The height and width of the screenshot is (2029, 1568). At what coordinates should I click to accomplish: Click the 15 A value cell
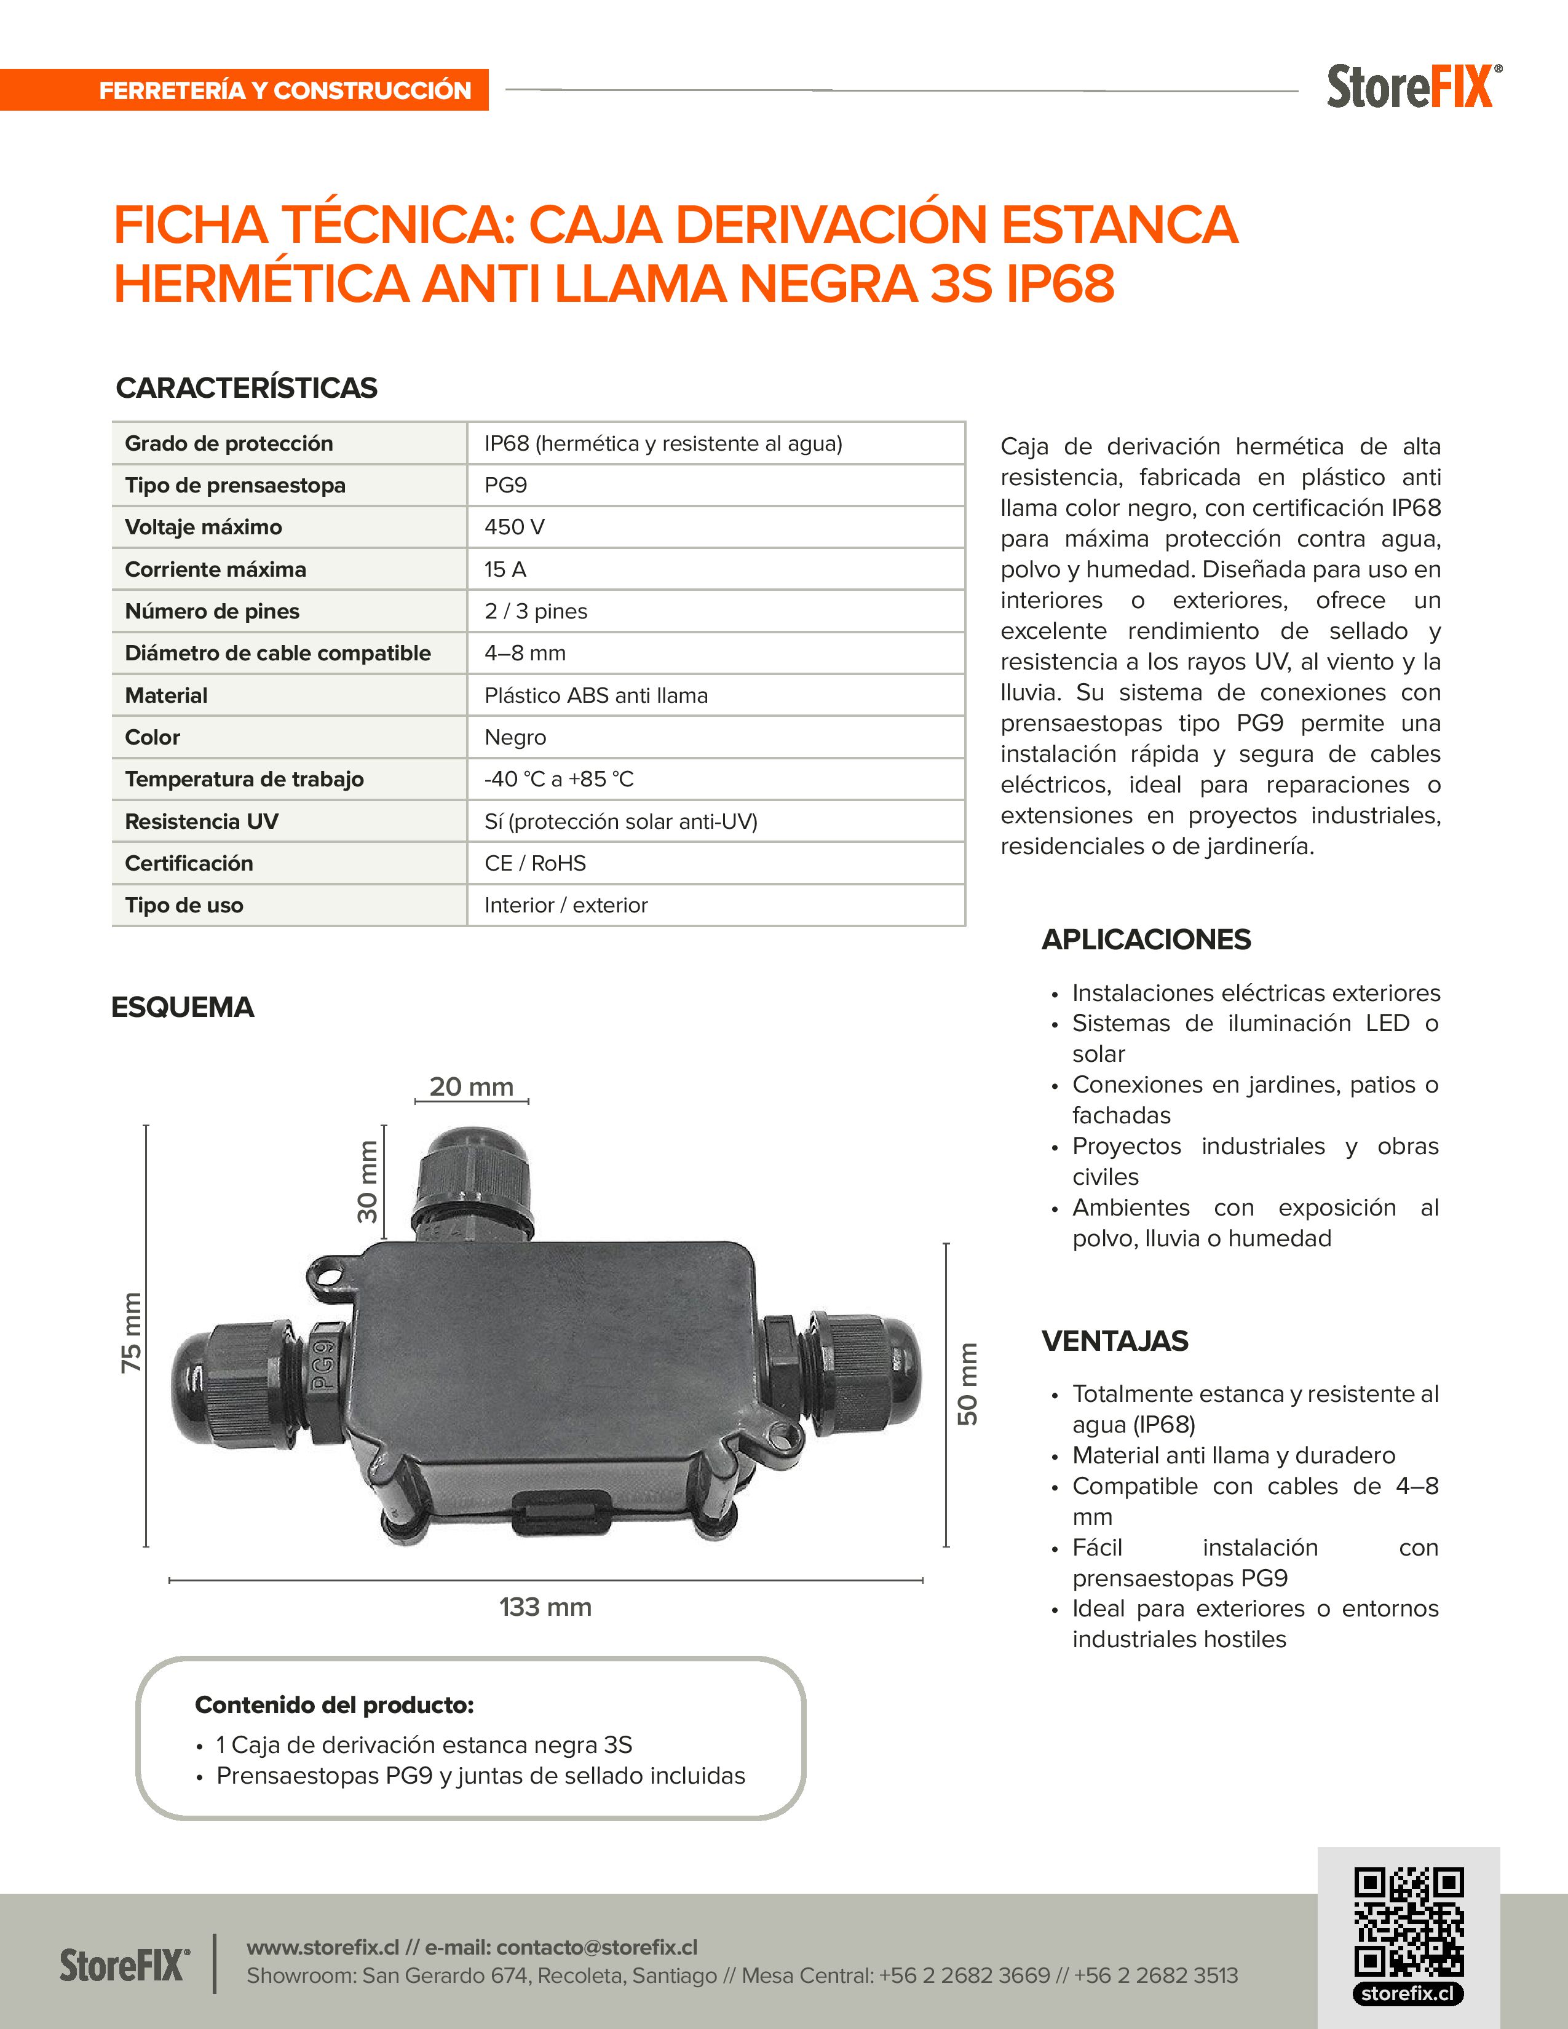click(505, 569)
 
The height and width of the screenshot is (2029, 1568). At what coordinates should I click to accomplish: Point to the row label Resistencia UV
click(202, 821)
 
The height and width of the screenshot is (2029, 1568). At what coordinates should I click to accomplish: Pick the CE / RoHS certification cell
click(535, 863)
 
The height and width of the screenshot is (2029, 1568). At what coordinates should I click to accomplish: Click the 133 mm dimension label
click(545, 1606)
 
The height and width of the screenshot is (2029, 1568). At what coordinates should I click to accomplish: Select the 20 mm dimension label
click(471, 1086)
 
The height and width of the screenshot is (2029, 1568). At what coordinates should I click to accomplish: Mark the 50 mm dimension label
click(968, 1383)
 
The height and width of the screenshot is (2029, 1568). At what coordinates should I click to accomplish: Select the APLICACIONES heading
click(1146, 939)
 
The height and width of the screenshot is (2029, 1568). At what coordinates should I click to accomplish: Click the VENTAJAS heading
click(1115, 1340)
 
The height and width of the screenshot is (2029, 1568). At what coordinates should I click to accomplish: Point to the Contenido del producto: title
click(335, 1705)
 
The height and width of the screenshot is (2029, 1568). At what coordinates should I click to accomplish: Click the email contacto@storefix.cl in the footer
click(596, 1947)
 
